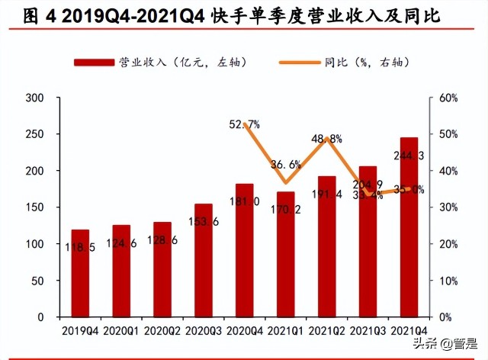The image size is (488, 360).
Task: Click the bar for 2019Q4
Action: point(80,273)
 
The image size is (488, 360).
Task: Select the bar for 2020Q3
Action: point(204,259)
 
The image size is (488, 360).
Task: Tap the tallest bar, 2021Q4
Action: point(409,229)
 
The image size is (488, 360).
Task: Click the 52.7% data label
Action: point(245,124)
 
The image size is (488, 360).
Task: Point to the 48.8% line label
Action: point(327,139)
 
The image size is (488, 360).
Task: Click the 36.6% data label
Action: point(286,163)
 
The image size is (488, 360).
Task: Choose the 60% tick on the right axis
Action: point(448,98)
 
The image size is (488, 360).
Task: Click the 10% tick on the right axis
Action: point(448,281)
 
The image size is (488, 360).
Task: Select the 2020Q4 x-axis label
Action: point(244,330)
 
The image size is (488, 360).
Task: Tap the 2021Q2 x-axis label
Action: point(326,330)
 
